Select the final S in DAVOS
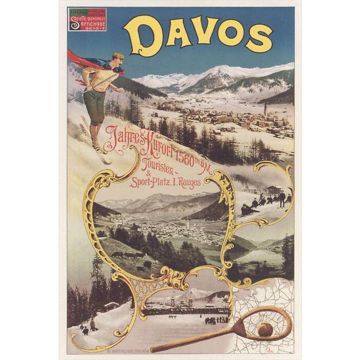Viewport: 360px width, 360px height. coord(259,38)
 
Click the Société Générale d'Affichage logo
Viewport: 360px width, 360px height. coord(87,19)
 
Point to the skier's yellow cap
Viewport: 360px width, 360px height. coord(118,55)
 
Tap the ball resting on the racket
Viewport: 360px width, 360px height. coord(265,329)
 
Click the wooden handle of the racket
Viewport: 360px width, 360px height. coord(195,340)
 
